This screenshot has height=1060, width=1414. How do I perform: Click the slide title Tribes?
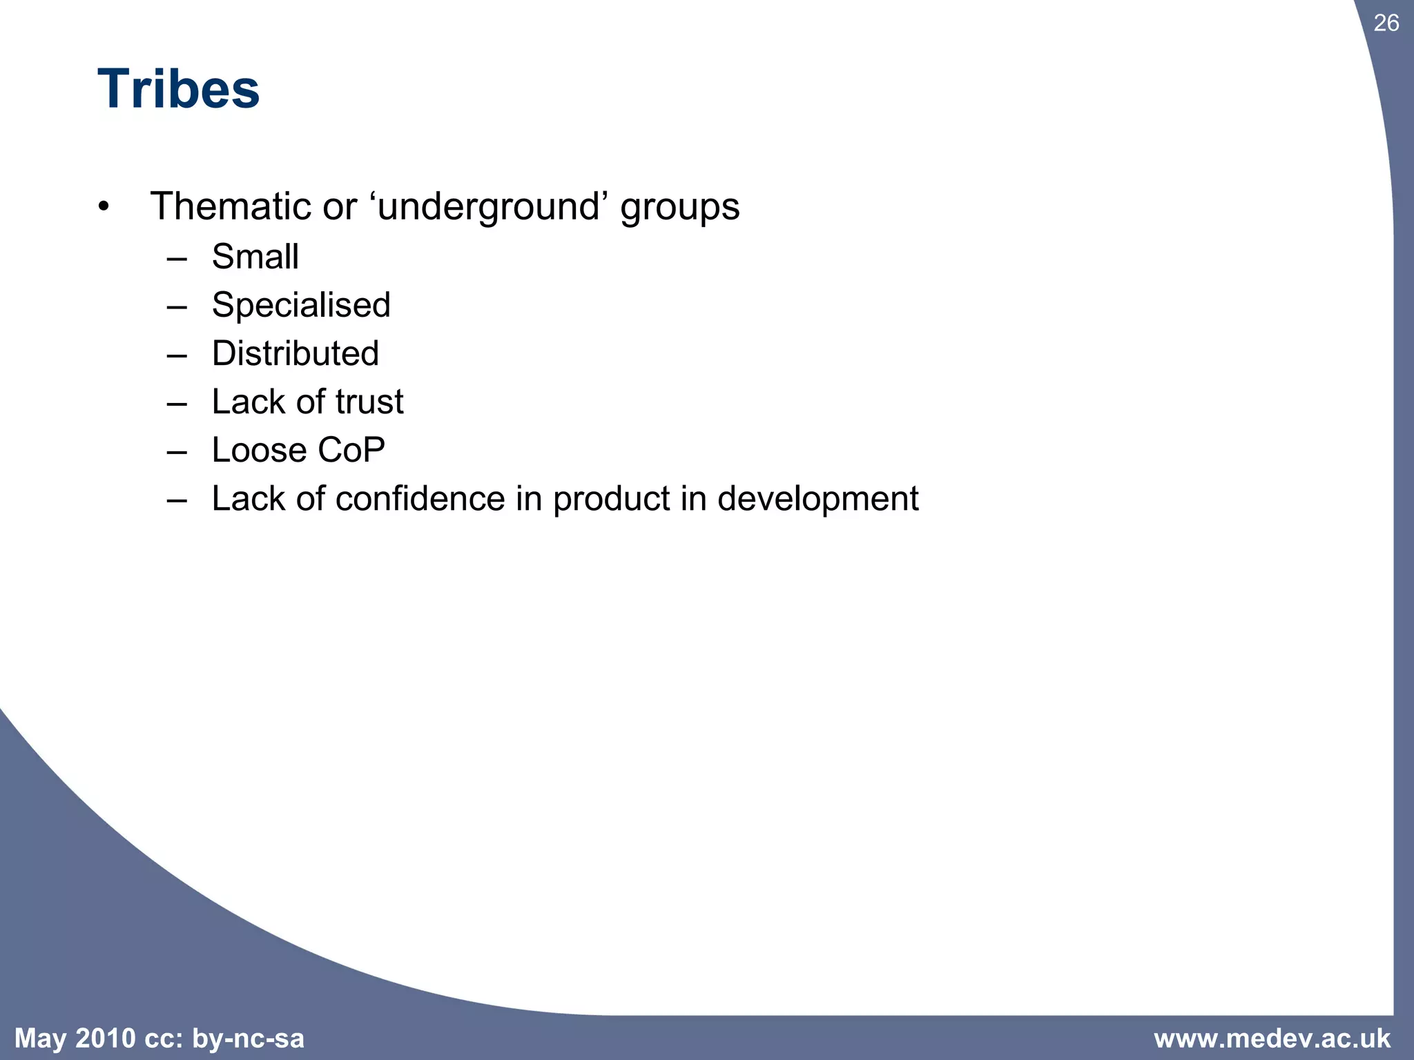pos(178,90)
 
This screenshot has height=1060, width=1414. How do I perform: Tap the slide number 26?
pos(1386,23)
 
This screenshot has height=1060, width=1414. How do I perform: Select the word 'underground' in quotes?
pos(488,206)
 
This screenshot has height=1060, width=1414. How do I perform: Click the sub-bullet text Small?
pos(255,257)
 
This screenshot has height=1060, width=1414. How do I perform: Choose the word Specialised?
pos(301,306)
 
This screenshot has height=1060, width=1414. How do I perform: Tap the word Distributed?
pos(295,353)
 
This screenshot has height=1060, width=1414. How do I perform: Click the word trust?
pos(369,402)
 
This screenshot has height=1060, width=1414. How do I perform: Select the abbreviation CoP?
pos(351,450)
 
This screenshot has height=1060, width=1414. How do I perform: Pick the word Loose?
pos(259,450)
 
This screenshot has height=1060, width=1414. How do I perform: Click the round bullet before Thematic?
pos(104,206)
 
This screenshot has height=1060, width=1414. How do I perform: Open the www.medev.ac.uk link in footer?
pos(1272,1038)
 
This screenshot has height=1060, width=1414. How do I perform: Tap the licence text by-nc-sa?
pos(248,1039)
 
